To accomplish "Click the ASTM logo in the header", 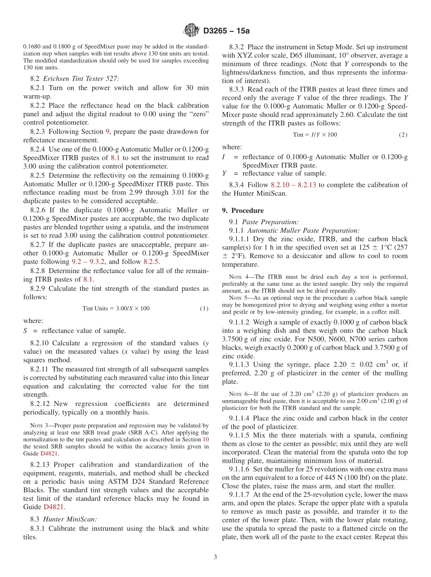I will tap(191, 30).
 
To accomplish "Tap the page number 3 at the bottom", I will tap(215, 557).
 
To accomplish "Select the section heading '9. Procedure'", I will tap(243, 210).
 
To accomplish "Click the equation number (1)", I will tap(204, 308).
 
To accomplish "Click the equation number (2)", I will tap(403, 135).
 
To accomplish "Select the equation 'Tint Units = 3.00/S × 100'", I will tap(116, 308).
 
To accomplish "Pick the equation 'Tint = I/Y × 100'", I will tap(315, 135).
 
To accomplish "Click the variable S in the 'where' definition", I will tap(25, 331).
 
